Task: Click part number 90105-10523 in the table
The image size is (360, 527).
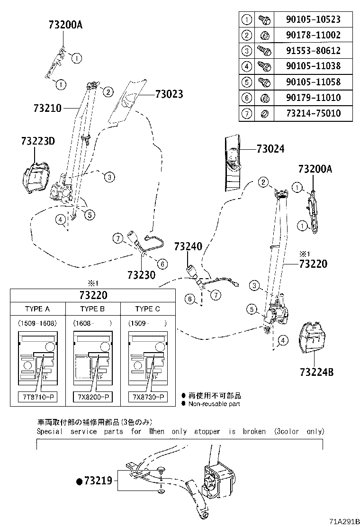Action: tap(313, 19)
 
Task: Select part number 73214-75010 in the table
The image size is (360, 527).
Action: tap(313, 113)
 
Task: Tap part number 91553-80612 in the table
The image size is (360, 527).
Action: tap(313, 51)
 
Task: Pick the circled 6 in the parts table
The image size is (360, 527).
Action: tap(246, 98)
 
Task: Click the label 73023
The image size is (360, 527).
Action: tap(169, 94)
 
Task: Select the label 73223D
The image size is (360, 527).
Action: tap(38, 141)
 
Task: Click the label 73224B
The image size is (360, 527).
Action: tap(316, 372)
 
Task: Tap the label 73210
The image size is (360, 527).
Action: tap(47, 108)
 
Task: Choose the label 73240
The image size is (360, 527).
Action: tap(188, 246)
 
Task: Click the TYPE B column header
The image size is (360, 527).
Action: tap(92, 309)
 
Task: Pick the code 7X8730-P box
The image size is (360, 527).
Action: tap(148, 396)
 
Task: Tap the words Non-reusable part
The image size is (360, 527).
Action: tap(214, 404)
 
